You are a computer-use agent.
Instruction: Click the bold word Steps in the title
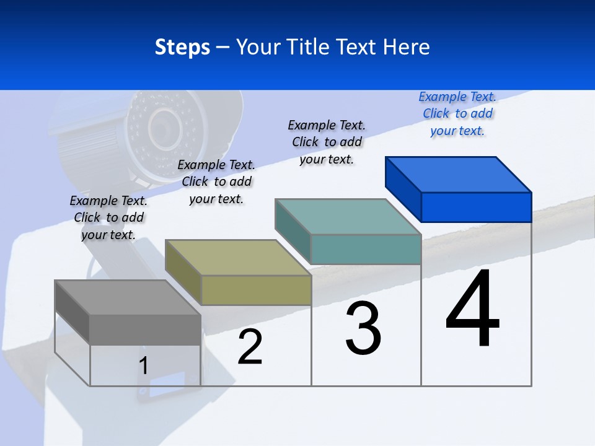coord(182,47)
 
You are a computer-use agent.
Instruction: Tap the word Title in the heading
coord(311,47)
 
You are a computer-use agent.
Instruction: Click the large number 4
coord(472,310)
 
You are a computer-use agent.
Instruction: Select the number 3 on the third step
coord(363,328)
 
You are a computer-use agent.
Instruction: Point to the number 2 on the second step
coord(250,348)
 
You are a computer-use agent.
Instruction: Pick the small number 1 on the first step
coord(144,366)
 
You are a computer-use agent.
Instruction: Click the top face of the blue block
coord(459,174)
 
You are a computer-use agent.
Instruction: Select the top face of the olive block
coord(238,257)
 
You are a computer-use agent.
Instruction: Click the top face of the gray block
coord(128,297)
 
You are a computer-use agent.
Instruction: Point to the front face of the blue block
coord(476,207)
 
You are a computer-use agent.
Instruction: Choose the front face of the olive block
coord(256,290)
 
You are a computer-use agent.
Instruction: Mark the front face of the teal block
coord(366,249)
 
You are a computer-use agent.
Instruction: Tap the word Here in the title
coord(407,47)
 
